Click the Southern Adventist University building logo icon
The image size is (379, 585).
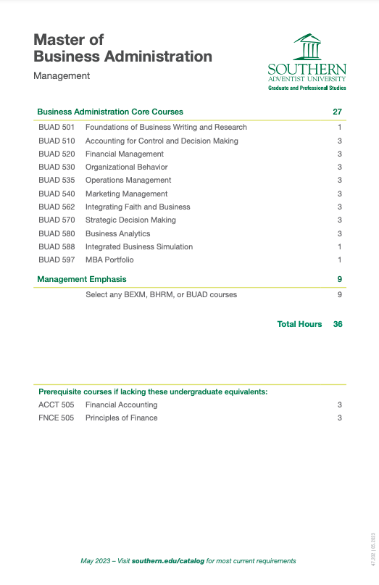pyautogui.click(x=307, y=48)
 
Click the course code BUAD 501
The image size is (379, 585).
pyautogui.click(x=57, y=127)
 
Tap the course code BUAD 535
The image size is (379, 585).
pyautogui.click(x=57, y=180)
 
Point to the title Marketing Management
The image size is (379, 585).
pyautogui.click(x=126, y=194)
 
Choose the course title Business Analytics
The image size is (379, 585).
pyautogui.click(x=117, y=233)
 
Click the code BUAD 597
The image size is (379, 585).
pyautogui.click(x=57, y=260)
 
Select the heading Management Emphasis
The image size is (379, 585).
pyautogui.click(x=81, y=279)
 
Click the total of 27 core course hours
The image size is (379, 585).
pyautogui.click(x=337, y=112)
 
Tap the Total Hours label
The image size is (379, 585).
pyautogui.click(x=299, y=324)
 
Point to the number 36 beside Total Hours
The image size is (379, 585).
pyautogui.click(x=338, y=324)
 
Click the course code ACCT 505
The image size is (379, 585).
pyautogui.click(x=57, y=404)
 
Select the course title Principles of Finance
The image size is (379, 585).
pyautogui.click(x=121, y=418)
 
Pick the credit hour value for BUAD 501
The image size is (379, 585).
pyautogui.click(x=339, y=127)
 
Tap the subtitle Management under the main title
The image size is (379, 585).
pyautogui.click(x=62, y=75)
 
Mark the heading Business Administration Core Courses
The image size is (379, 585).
pyautogui.click(x=109, y=112)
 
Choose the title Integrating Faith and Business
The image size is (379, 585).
pyautogui.click(x=138, y=207)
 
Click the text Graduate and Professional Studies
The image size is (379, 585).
pyautogui.click(x=307, y=88)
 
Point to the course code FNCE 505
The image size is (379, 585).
pyautogui.click(x=57, y=418)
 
